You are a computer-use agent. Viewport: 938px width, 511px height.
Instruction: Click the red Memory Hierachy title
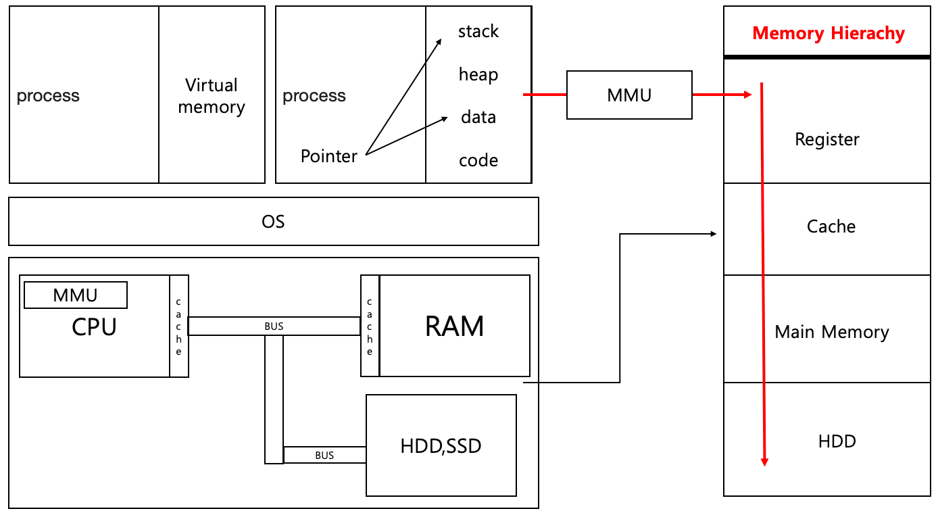(828, 33)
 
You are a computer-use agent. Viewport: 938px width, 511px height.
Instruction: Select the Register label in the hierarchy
(827, 139)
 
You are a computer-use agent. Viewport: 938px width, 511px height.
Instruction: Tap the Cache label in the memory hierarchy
(831, 226)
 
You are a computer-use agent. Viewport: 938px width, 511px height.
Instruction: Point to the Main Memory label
(831, 332)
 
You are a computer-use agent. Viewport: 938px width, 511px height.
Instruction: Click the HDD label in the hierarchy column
(837, 441)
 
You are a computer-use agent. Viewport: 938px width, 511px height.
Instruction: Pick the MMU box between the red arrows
(629, 95)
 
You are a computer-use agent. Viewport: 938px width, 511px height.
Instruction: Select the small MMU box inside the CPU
(75, 295)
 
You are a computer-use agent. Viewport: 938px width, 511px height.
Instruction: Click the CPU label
(94, 327)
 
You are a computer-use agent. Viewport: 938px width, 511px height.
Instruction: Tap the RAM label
(454, 326)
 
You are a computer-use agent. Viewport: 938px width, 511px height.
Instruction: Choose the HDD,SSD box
(441, 446)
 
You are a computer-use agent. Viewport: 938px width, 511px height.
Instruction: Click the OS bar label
(273, 221)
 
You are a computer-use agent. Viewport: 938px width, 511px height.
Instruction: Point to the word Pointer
(329, 156)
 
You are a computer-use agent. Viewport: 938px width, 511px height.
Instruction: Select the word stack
(478, 31)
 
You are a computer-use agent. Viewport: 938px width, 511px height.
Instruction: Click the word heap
(478, 74)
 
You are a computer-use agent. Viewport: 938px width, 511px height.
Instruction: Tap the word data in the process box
(478, 117)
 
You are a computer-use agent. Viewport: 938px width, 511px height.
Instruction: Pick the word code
(478, 160)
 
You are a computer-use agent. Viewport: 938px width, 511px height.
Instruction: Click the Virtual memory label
(212, 96)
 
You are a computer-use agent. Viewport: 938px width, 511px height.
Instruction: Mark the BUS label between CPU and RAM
(274, 326)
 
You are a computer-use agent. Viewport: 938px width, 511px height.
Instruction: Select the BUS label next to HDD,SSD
(324, 456)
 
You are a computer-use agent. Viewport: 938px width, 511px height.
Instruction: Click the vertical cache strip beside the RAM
(370, 326)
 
